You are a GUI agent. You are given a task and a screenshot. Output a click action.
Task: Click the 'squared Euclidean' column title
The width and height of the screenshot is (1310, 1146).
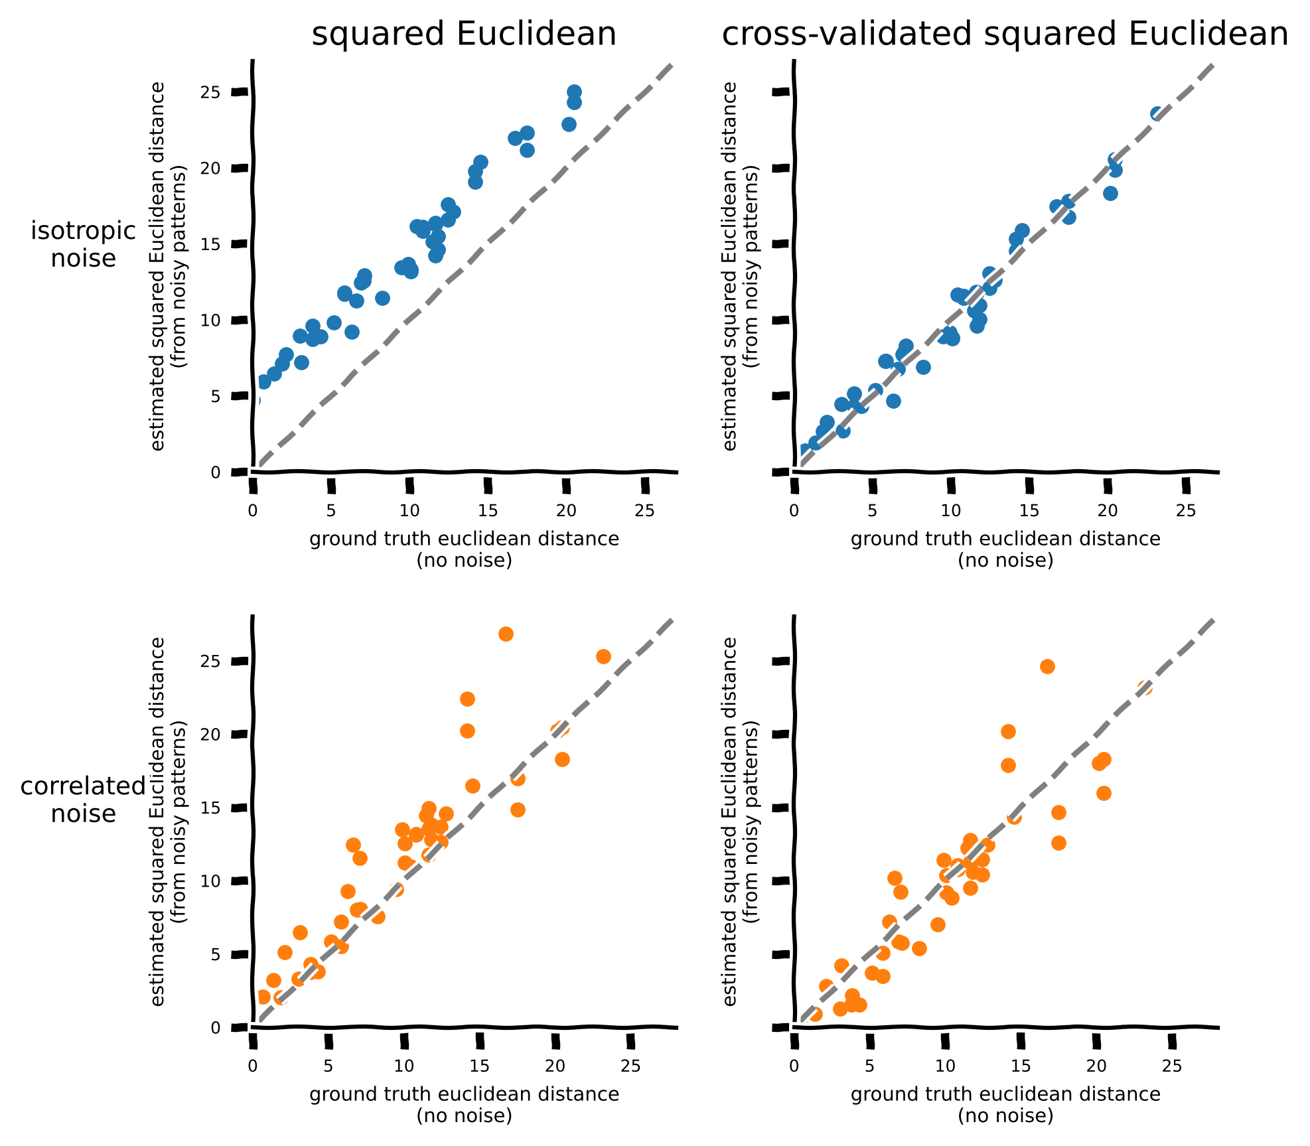[464, 35]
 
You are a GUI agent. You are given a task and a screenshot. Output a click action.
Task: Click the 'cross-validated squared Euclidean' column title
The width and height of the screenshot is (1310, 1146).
[1005, 35]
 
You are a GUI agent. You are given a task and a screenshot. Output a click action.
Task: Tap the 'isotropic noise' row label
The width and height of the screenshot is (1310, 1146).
[84, 244]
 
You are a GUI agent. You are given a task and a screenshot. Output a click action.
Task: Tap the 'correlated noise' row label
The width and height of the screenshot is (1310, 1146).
[83, 800]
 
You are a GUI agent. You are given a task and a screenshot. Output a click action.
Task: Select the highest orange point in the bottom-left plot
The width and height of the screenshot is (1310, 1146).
[506, 634]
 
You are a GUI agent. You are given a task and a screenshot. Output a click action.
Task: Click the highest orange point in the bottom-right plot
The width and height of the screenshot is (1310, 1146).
[1047, 666]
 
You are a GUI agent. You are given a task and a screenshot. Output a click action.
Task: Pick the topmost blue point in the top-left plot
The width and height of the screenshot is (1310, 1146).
[574, 92]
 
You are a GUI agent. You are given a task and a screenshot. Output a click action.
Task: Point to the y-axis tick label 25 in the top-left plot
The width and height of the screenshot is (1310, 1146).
[210, 92]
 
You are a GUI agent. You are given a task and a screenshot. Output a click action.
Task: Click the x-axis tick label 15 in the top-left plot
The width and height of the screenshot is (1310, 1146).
[488, 510]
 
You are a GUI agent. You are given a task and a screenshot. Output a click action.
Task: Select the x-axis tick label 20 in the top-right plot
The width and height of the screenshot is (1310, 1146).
[1107, 510]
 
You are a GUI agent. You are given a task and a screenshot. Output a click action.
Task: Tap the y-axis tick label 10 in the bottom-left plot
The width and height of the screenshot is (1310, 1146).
[210, 881]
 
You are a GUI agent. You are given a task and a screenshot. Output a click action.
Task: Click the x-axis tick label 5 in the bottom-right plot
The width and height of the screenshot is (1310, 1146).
[869, 1066]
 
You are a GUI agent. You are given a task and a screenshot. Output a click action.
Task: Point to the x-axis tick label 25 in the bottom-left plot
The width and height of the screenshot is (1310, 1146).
[630, 1066]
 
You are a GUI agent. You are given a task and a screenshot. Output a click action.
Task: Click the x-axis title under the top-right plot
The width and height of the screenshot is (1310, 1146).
[1005, 549]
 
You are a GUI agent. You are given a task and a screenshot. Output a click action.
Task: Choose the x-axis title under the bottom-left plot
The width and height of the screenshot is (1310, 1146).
[464, 1105]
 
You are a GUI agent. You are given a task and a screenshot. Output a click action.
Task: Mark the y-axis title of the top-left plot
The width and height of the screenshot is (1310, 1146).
[168, 265]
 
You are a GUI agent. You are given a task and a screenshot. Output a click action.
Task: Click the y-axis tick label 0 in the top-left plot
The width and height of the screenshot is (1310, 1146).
[215, 472]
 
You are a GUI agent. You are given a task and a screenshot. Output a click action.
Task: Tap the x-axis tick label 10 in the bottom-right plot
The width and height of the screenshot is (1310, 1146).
[944, 1066]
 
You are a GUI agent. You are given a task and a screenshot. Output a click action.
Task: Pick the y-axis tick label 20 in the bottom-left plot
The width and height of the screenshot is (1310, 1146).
[210, 735]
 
